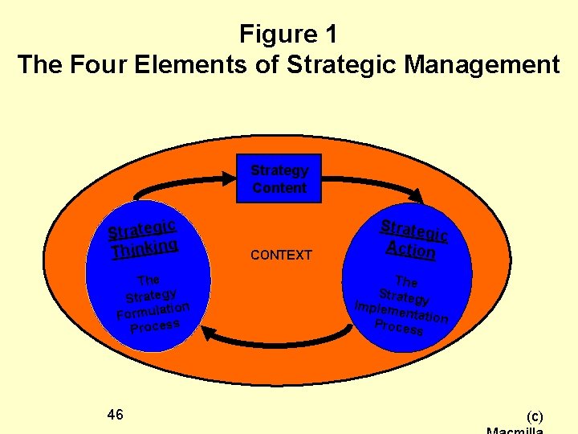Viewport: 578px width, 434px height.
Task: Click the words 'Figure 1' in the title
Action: pyautogui.click(x=289, y=35)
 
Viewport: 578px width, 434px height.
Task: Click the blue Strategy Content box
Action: pyautogui.click(x=279, y=178)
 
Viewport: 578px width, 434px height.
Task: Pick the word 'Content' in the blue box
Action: pyautogui.click(x=279, y=188)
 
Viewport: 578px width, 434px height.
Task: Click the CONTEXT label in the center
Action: pyautogui.click(x=281, y=256)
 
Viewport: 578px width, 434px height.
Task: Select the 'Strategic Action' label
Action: pyautogui.click(x=413, y=240)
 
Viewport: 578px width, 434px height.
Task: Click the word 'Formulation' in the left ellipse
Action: pyautogui.click(x=153, y=309)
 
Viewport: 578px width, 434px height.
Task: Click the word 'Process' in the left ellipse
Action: pyautogui.click(x=154, y=325)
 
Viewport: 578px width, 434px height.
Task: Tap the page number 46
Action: pyautogui.click(x=115, y=415)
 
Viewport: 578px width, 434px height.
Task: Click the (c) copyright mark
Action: pyautogui.click(x=534, y=416)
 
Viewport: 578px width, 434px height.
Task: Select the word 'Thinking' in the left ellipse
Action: pyautogui.click(x=144, y=248)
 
